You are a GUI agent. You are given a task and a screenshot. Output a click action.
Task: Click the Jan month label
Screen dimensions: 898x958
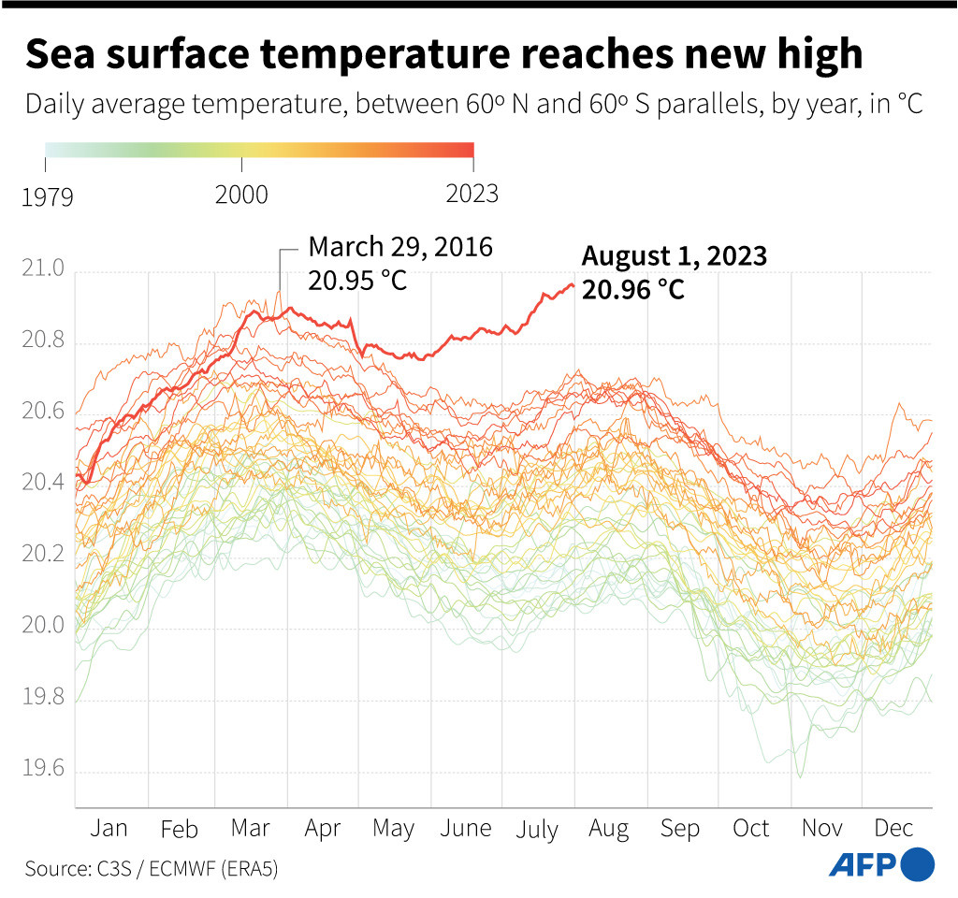110,829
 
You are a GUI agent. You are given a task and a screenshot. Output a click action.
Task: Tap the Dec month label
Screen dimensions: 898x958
893,829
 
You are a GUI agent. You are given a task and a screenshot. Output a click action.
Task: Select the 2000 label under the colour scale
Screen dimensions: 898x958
240,195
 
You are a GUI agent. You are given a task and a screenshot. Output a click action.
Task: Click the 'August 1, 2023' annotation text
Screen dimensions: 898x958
674,256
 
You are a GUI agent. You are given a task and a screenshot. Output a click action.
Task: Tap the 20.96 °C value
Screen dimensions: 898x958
633,291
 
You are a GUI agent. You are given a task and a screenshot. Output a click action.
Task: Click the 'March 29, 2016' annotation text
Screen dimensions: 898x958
400,247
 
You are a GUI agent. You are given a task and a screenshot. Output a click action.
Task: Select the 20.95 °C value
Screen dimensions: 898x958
358,281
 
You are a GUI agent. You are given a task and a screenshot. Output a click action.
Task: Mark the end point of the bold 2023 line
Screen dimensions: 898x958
573,285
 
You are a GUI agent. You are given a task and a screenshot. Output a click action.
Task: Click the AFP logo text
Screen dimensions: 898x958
862,864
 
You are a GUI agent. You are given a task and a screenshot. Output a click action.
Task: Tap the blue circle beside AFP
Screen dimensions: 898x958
918,863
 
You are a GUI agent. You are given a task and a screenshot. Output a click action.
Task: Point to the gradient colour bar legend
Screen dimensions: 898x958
259,151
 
